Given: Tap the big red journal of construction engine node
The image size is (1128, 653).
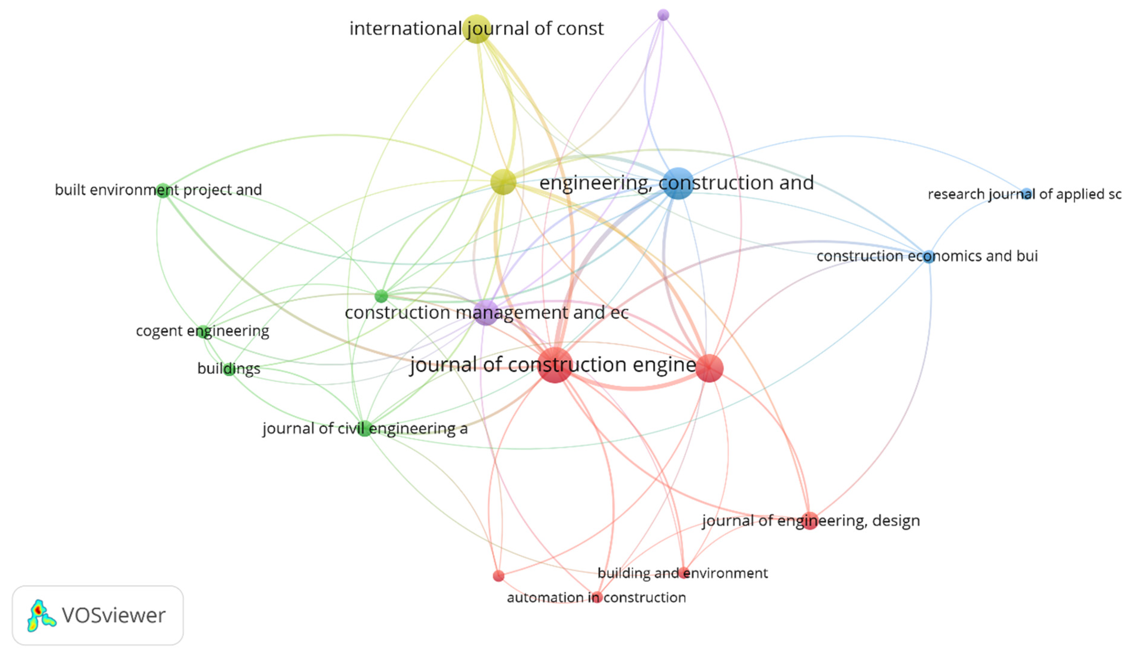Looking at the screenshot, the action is point(555,365).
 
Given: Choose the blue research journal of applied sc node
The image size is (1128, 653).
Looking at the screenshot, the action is point(1027,194).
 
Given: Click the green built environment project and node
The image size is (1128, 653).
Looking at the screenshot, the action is point(163,190).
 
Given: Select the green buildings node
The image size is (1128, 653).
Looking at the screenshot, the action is point(229,369).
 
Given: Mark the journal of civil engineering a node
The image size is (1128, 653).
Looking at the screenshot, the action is point(365,429).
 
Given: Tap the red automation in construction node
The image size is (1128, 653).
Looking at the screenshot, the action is point(597,597).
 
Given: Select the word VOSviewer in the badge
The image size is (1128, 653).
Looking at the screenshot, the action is point(114,615).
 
